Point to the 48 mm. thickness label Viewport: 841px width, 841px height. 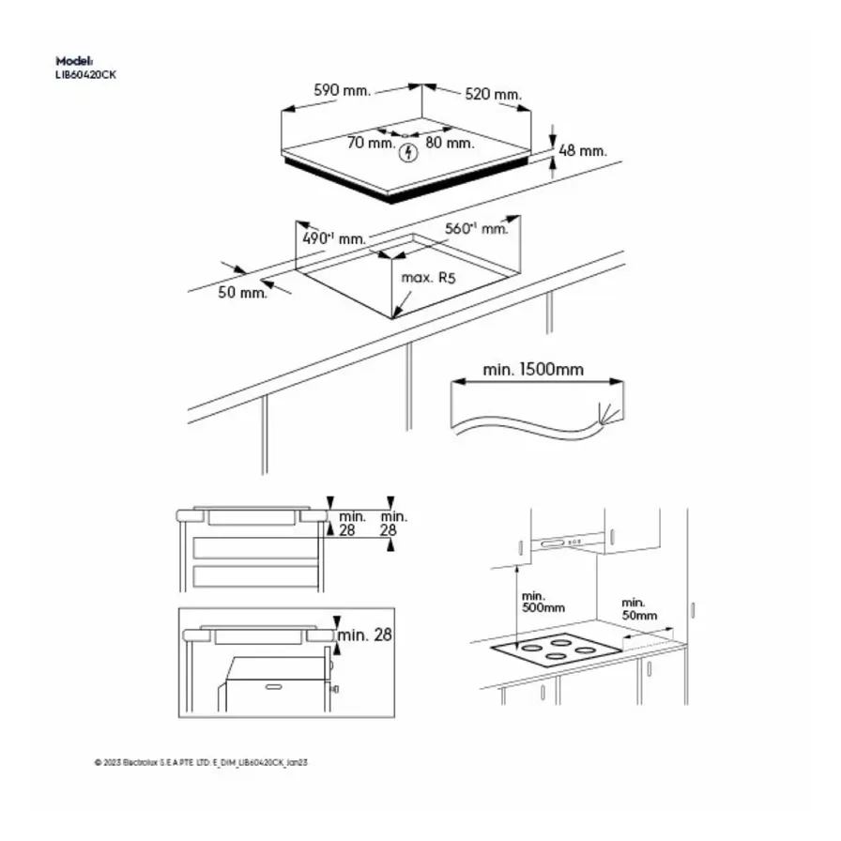tap(583, 150)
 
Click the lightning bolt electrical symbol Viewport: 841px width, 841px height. tap(407, 154)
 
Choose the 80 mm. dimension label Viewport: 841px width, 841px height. tap(450, 143)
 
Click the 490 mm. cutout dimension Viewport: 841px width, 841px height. tap(333, 238)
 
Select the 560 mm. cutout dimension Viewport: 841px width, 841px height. tap(477, 228)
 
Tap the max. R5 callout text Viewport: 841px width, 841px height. tap(428, 278)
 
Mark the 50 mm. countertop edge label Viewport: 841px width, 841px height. tap(242, 292)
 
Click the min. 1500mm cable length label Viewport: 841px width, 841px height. tap(533, 369)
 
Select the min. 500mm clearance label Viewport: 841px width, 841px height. tap(543, 602)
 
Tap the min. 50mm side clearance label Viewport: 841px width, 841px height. tap(639, 608)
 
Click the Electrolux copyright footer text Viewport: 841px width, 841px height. tap(201, 763)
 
